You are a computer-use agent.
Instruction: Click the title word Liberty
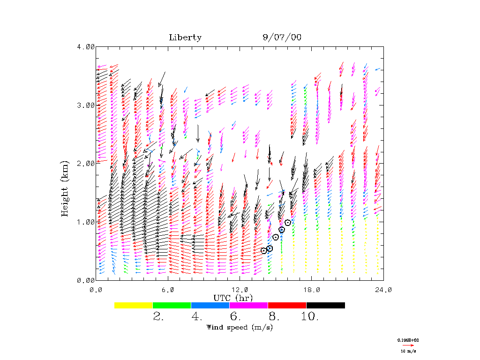pyautogui.click(x=185, y=38)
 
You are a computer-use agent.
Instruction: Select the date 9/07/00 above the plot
pyautogui.click(x=282, y=38)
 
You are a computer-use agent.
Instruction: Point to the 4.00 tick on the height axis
pyautogui.click(x=86, y=47)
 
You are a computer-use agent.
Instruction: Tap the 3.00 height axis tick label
pyautogui.click(x=86, y=105)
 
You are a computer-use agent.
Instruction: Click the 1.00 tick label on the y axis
pyautogui.click(x=86, y=222)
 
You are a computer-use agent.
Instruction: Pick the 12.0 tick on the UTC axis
pyautogui.click(x=240, y=290)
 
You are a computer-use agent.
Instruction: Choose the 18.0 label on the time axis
pyautogui.click(x=312, y=290)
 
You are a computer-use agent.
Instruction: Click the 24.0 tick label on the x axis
pyautogui.click(x=383, y=290)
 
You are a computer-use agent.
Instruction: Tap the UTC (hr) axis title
pyautogui.click(x=233, y=298)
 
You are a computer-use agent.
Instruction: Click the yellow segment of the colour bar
pyautogui.click(x=133, y=305)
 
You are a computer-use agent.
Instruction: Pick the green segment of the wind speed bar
pyautogui.click(x=172, y=305)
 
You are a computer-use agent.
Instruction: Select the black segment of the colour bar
pyautogui.click(x=325, y=305)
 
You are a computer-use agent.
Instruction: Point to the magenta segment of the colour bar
pyautogui.click(x=248, y=305)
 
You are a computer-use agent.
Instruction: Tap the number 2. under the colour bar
pyautogui.click(x=158, y=317)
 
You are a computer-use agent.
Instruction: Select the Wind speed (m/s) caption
pyautogui.click(x=240, y=327)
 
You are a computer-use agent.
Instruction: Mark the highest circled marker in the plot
pyautogui.click(x=288, y=223)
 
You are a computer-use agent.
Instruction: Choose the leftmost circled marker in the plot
pyautogui.click(x=264, y=250)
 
